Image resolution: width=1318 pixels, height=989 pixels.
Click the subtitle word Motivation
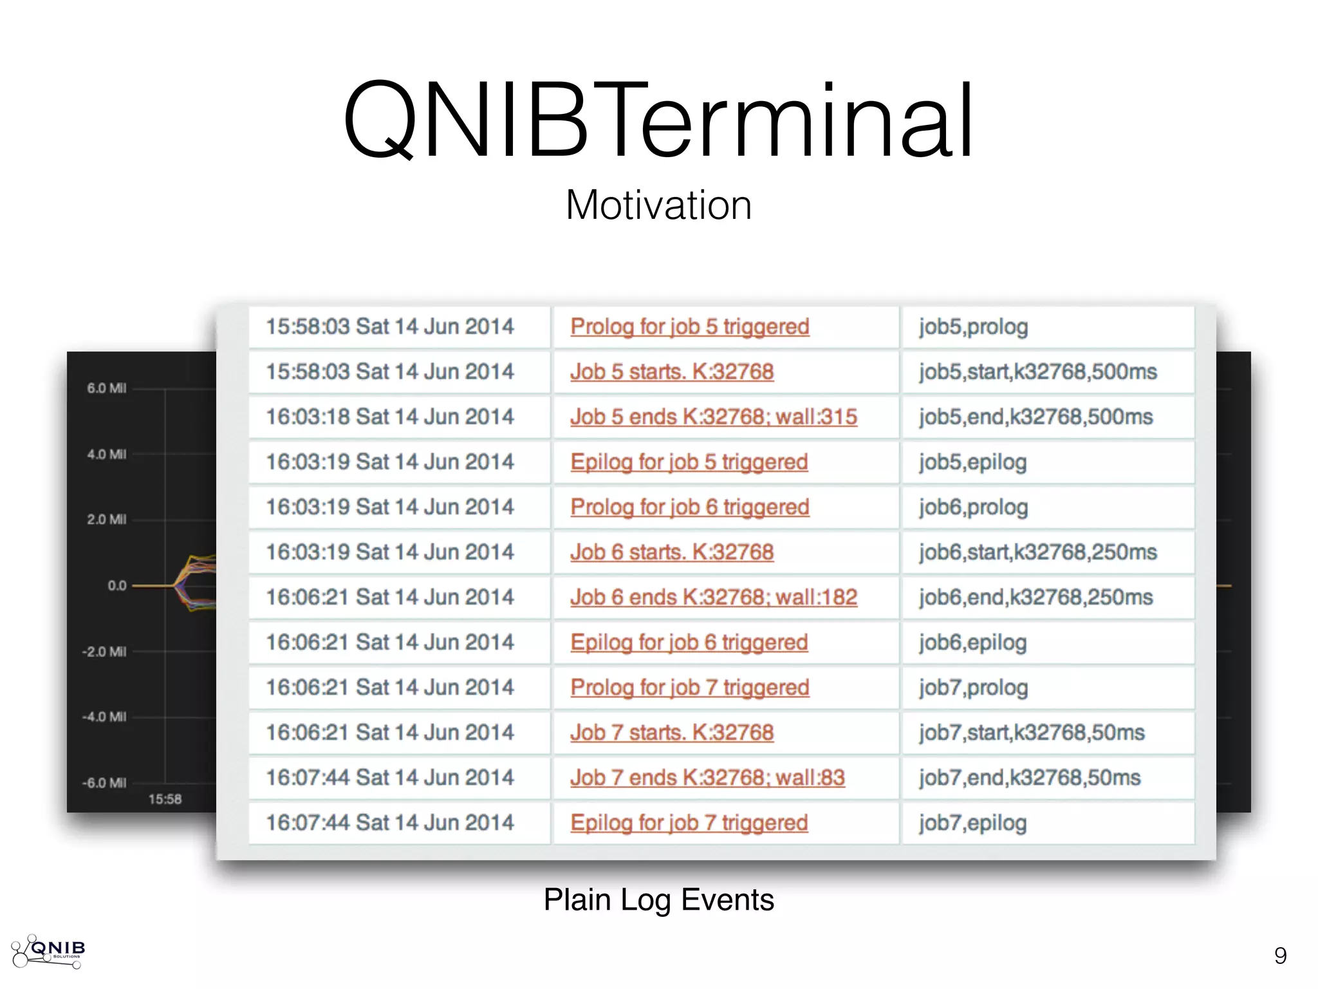[x=658, y=205]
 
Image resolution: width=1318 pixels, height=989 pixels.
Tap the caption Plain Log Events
[x=658, y=900]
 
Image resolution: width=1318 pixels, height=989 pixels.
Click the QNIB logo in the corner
[x=49, y=951]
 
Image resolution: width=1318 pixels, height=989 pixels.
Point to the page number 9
[x=1280, y=956]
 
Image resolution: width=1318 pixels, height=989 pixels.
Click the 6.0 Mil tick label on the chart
[x=106, y=388]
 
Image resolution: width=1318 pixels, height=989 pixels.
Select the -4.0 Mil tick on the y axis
[x=104, y=717]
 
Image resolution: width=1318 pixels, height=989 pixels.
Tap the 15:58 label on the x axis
[x=165, y=799]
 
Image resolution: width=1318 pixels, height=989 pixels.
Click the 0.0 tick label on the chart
[x=116, y=586]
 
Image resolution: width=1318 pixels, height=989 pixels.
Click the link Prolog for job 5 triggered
[x=689, y=327]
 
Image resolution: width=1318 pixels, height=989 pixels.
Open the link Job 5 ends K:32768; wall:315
[x=713, y=417]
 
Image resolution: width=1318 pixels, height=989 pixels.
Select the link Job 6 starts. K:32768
[x=671, y=552]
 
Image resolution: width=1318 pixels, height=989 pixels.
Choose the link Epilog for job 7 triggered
[x=689, y=823]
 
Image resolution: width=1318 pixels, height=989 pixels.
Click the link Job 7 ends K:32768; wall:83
[x=707, y=778]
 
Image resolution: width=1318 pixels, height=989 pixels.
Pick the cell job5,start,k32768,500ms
[x=1037, y=372]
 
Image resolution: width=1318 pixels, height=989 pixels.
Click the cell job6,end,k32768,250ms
[x=1035, y=598]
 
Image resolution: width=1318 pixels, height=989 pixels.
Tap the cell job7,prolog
[x=973, y=688]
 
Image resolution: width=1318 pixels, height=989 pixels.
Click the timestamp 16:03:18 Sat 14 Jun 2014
[x=390, y=417]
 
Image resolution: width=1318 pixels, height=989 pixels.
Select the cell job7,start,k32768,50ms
[x=1032, y=733]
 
